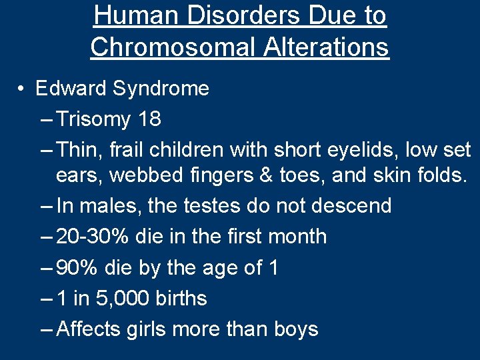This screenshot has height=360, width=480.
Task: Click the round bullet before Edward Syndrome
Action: coord(22,89)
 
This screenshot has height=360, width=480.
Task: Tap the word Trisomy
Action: coord(94,119)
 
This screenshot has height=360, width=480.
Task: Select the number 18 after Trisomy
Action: coord(149,119)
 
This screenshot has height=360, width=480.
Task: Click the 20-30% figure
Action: coord(95,237)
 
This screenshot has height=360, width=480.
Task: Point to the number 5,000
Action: coord(129,299)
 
